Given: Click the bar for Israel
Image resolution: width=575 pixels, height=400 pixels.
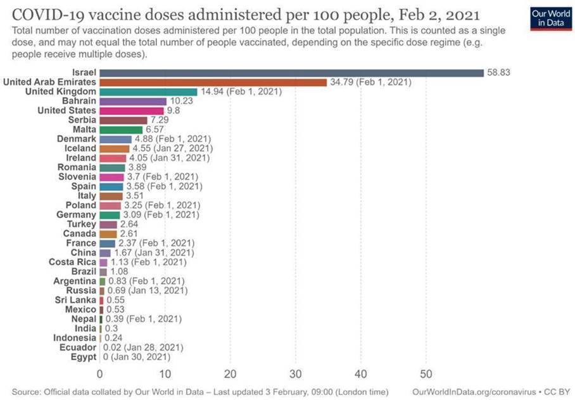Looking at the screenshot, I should click(291, 73).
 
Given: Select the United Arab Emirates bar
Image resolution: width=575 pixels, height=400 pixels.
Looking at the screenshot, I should click(213, 82).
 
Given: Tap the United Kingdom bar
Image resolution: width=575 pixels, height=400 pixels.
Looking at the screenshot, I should click(148, 92).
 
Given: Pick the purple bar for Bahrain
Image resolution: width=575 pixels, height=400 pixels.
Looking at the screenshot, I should click(133, 101).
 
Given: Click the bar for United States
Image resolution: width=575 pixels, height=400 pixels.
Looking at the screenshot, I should click(132, 111).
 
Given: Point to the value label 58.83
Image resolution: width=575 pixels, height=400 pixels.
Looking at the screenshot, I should click(498, 73).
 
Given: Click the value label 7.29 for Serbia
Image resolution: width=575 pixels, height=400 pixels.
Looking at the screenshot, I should click(160, 120).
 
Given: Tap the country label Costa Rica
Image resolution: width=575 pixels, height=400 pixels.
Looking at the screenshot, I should click(73, 262).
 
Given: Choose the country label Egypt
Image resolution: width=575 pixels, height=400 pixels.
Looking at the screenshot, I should click(84, 358).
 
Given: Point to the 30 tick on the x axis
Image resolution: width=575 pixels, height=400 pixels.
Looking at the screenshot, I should click(296, 373).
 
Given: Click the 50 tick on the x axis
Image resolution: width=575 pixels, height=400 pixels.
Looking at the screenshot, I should click(426, 373).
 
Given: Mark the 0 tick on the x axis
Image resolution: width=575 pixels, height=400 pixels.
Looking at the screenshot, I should click(100, 373).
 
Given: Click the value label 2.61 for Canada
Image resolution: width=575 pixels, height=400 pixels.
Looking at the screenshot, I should click(130, 234).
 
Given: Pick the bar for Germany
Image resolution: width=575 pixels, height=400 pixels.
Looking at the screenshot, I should click(110, 215).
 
